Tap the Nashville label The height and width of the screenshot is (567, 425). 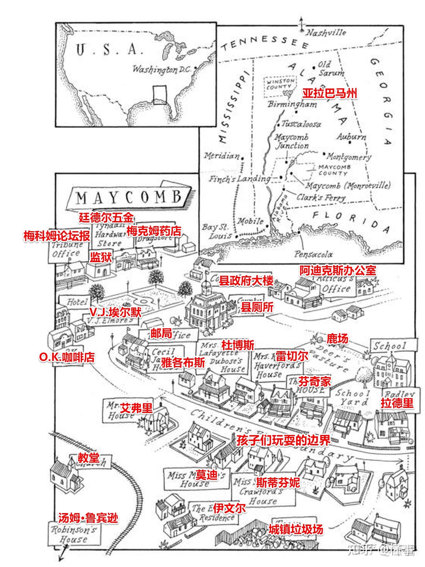pos(326,33)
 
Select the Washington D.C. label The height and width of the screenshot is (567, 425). pos(162,70)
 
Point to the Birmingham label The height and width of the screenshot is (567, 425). pos(292,104)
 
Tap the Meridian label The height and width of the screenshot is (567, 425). pos(222,156)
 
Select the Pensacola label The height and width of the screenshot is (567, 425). pos(313,254)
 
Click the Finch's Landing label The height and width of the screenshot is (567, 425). pos(239,179)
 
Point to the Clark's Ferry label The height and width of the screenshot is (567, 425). pos(321,198)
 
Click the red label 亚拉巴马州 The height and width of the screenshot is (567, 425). pos(330,94)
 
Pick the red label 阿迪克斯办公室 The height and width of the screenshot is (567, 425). pos(338,270)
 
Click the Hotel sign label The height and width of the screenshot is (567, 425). pos(77,302)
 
